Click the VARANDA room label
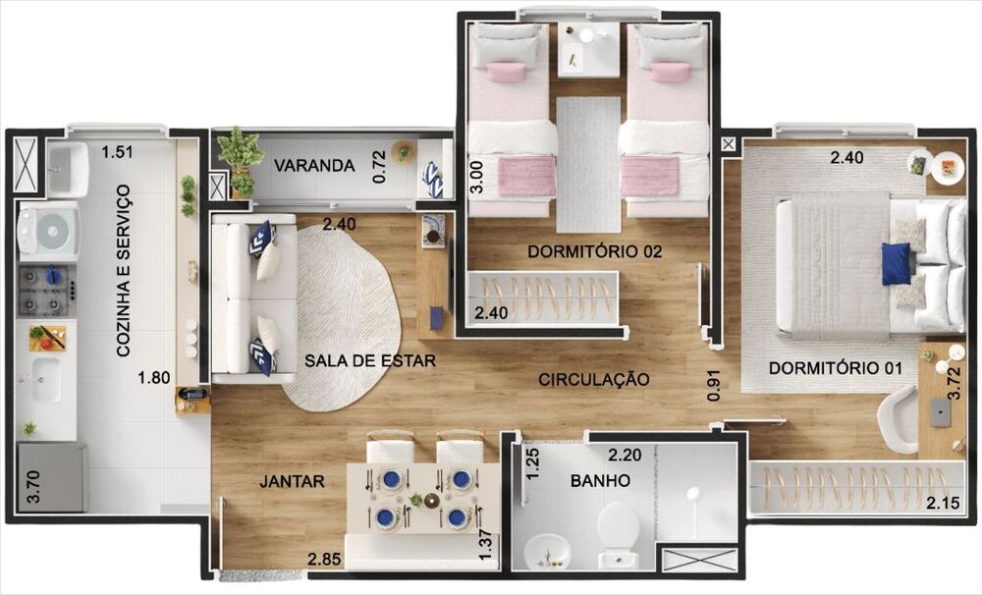[314, 165]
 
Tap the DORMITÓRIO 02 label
[594, 251]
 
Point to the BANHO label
[600, 481]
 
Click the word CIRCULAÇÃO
[593, 379]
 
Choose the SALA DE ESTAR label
[369, 360]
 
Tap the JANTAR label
[292, 481]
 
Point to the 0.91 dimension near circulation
[713, 384]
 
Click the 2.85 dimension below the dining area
[325, 560]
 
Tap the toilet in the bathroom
[618, 531]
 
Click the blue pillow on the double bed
[896, 263]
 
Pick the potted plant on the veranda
[239, 155]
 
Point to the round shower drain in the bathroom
[693, 495]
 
